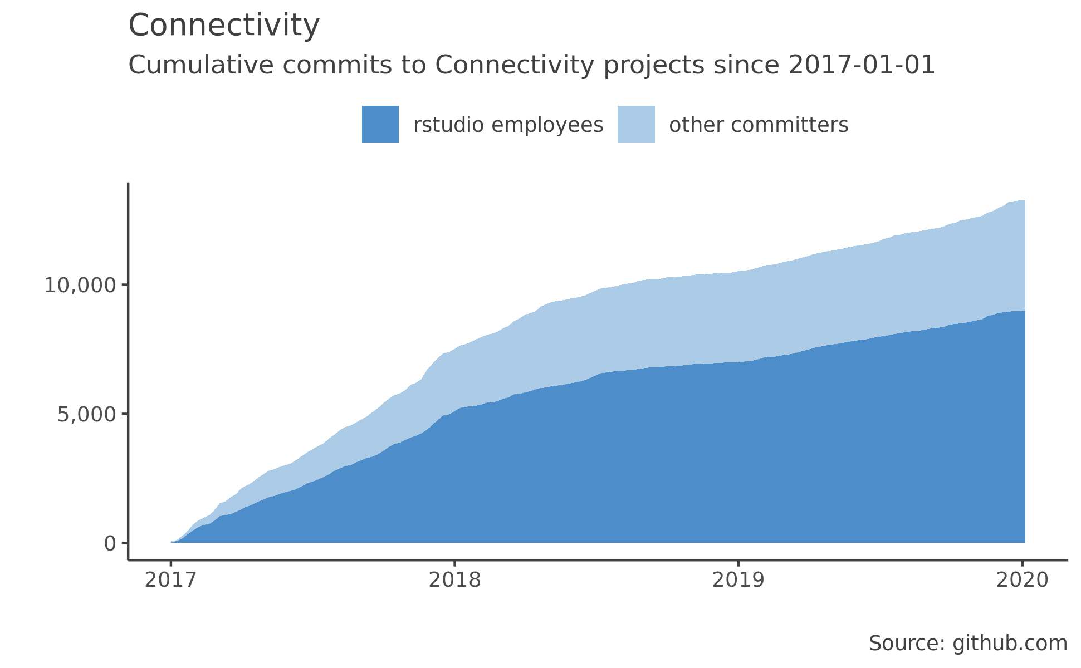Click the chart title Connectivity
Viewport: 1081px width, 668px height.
click(x=224, y=26)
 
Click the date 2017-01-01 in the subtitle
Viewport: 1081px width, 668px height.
click(x=862, y=66)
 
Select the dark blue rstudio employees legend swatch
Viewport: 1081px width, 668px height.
click(x=380, y=124)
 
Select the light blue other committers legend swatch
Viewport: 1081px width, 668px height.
click(x=636, y=124)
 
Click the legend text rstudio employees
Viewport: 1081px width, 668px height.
click(x=508, y=125)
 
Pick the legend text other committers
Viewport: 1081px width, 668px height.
click(x=759, y=125)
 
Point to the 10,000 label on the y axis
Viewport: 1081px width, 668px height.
click(x=80, y=285)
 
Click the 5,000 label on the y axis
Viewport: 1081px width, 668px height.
click(x=86, y=414)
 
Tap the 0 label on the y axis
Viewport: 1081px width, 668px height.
click(x=110, y=544)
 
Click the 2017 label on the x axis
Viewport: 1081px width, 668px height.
click(x=170, y=581)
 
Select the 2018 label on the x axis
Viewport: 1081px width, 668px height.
click(x=454, y=581)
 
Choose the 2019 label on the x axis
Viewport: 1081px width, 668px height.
click(x=738, y=581)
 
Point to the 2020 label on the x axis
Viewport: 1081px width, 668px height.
click(x=1022, y=581)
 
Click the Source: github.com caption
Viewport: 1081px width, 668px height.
click(x=968, y=644)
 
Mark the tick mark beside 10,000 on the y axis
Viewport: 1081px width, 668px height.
click(x=125, y=285)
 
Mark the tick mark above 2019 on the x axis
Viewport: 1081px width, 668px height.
click(x=738, y=563)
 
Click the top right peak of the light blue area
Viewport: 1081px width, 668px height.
click(x=1024, y=201)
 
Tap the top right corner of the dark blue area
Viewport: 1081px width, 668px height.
click(x=1024, y=312)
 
